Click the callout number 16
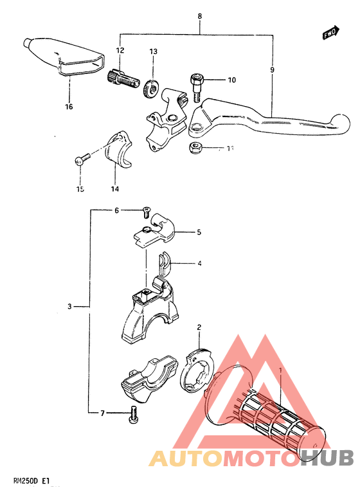pos(69,107)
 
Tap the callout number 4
pos(199,263)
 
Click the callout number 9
pos(272,69)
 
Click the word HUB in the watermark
pos(327,457)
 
